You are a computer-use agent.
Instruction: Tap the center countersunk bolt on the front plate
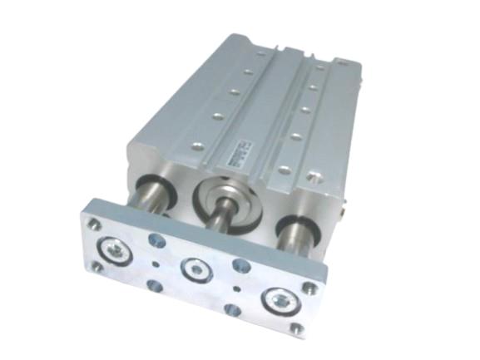click(193, 269)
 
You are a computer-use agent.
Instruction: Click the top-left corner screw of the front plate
click(95, 223)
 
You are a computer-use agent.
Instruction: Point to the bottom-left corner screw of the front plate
click(96, 266)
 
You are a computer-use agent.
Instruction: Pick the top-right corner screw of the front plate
click(309, 287)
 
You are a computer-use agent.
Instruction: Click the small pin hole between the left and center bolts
click(156, 265)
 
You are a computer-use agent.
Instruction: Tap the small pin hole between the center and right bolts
click(239, 288)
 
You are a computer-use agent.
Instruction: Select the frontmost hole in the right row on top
click(284, 170)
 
